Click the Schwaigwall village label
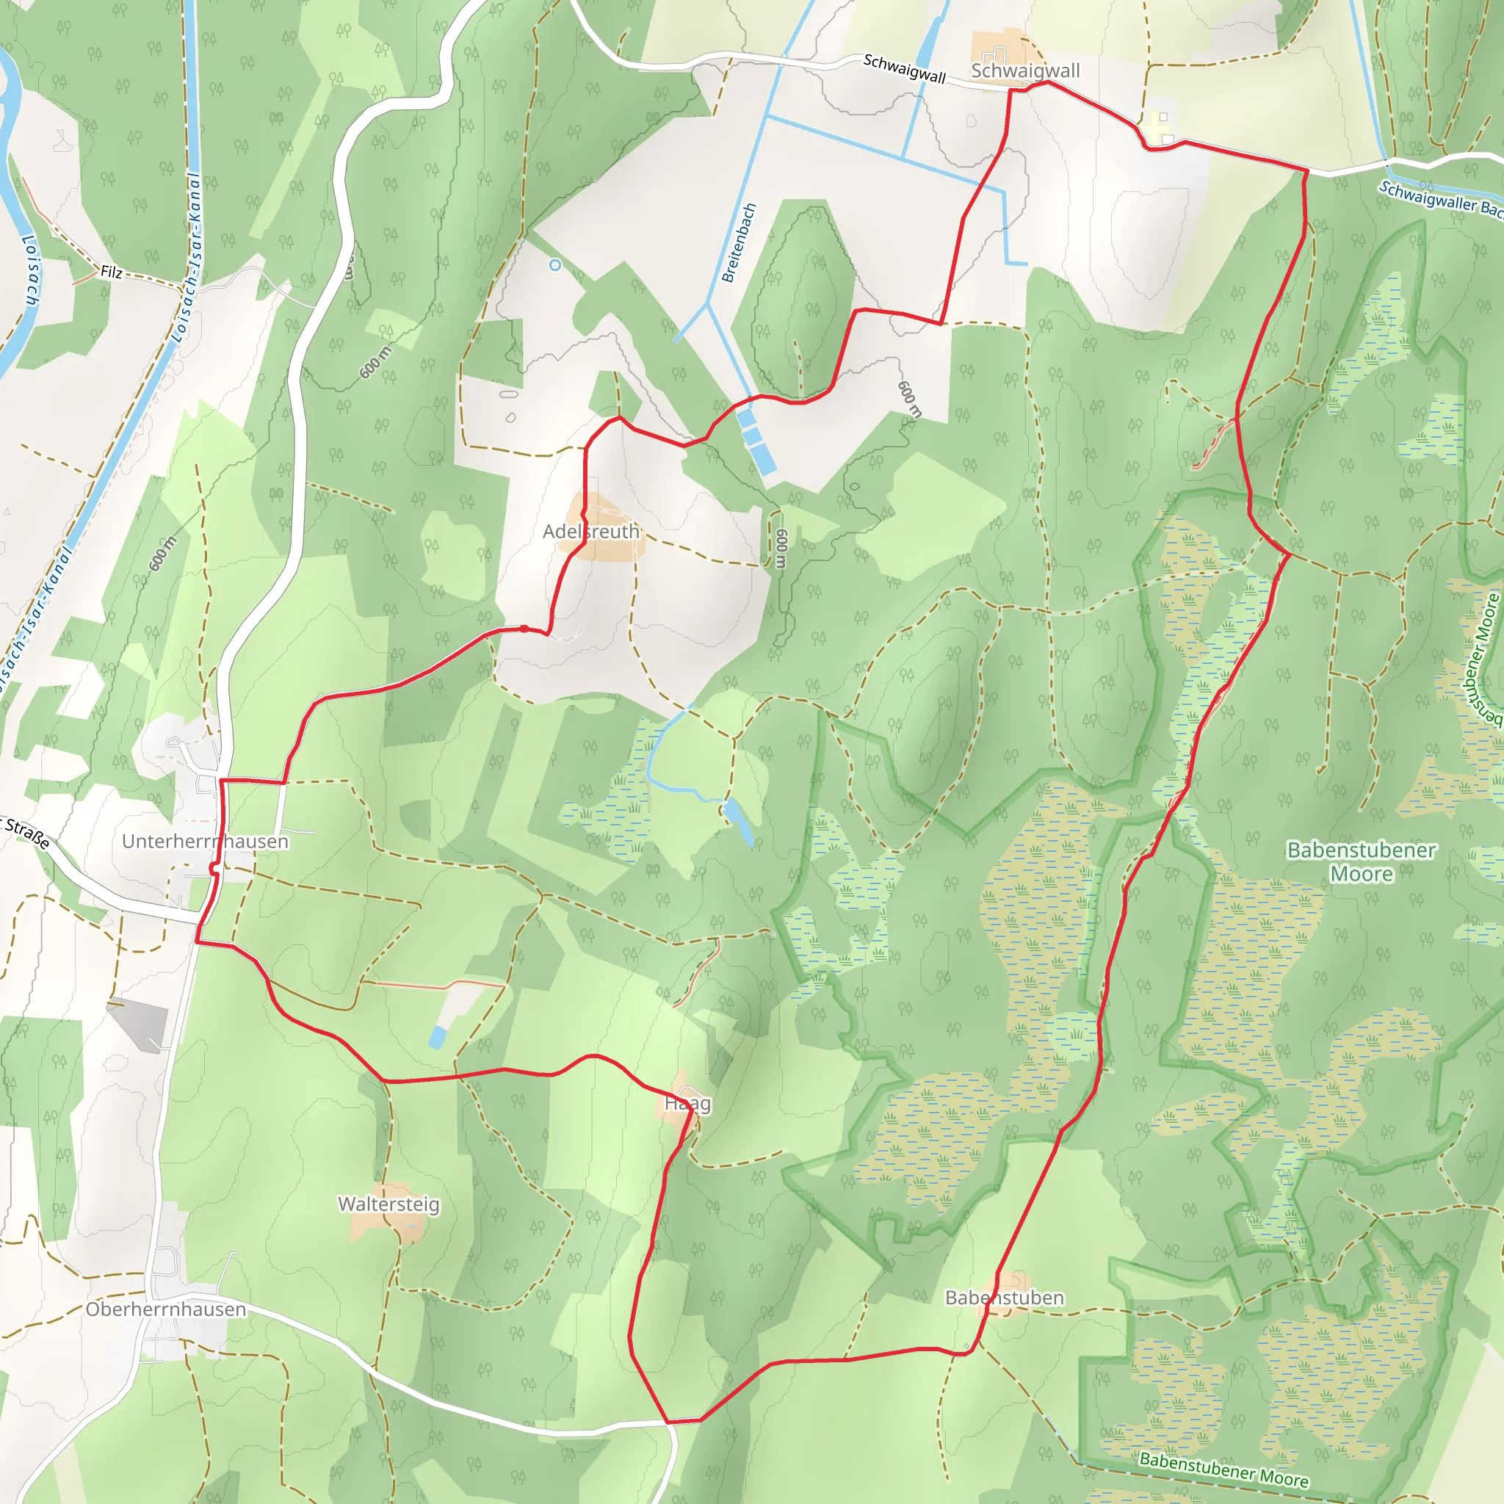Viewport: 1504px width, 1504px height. click(x=1024, y=70)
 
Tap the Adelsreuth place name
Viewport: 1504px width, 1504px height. click(x=591, y=531)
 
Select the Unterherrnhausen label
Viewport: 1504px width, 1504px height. click(x=205, y=842)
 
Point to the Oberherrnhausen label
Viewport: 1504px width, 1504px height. click(x=166, y=1309)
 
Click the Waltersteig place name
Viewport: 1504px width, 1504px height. click(x=388, y=1204)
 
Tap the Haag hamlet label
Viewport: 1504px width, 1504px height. click(x=687, y=1103)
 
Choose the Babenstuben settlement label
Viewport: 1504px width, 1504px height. click(x=1004, y=1298)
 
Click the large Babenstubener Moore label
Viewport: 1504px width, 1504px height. click(x=1361, y=861)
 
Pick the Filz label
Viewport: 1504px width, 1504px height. click(x=112, y=272)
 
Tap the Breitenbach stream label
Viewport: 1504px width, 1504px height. click(x=739, y=243)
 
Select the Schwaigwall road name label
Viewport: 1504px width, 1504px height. click(x=904, y=68)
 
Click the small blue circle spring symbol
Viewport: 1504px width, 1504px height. click(x=555, y=265)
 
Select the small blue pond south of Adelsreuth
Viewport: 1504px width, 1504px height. click(x=737, y=822)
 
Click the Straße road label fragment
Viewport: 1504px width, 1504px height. click(x=26, y=831)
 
